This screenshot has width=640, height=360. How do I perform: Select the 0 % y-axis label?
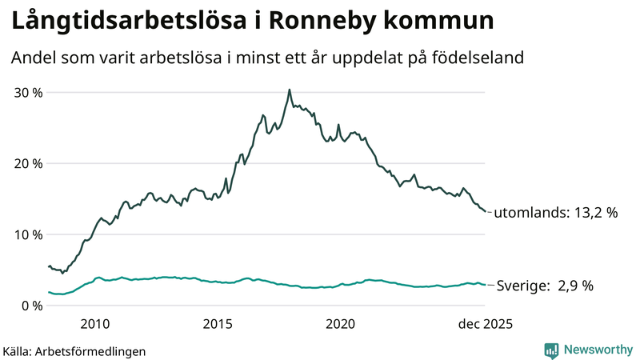[x=31, y=306]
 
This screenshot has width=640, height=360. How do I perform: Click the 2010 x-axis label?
[x=95, y=324]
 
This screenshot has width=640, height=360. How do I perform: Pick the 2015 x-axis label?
[x=218, y=324]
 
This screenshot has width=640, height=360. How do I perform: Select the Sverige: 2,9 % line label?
[x=545, y=286]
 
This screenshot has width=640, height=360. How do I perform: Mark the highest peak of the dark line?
[x=289, y=90]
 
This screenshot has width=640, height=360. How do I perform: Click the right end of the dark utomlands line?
[x=485, y=211]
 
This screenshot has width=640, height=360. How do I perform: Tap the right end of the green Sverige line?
[x=485, y=285]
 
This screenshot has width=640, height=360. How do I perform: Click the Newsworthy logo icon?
[x=551, y=350]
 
